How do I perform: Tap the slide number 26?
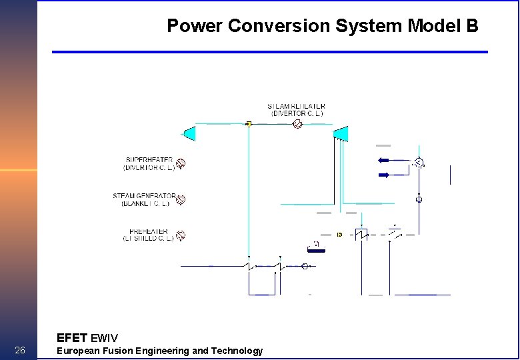(x=20, y=351)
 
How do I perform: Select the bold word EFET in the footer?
(x=72, y=338)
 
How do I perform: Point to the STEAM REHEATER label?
(x=297, y=107)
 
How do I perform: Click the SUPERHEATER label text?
(x=149, y=161)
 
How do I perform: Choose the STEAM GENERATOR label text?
(x=144, y=196)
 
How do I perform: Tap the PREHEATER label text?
(x=149, y=231)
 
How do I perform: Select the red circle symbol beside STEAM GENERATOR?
(x=180, y=199)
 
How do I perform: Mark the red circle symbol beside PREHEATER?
(x=180, y=235)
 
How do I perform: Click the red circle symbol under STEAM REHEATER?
(x=298, y=124)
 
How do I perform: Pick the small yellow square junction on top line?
(x=248, y=124)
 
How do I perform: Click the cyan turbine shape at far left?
(x=189, y=133)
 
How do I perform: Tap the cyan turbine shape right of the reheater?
(x=341, y=134)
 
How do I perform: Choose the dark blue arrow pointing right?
(x=386, y=175)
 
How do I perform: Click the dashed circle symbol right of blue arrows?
(x=419, y=163)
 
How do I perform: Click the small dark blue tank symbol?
(x=315, y=249)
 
